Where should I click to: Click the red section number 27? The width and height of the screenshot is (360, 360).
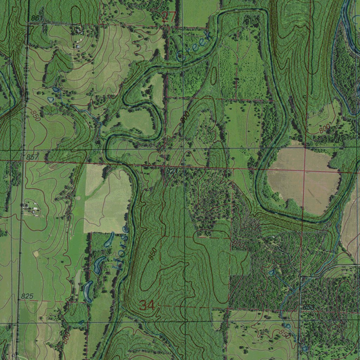(x=168, y=17)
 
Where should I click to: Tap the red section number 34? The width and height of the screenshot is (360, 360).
(x=147, y=305)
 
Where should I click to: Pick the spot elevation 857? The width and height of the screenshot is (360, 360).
(x=32, y=157)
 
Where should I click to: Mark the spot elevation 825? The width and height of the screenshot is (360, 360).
(x=27, y=297)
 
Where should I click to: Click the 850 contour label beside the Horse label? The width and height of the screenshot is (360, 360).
(x=152, y=254)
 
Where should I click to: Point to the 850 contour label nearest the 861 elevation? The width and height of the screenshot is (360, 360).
(x=36, y=116)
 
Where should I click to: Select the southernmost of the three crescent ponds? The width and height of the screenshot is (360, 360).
(x=87, y=291)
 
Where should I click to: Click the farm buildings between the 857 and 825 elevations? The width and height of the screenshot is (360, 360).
(x=31, y=209)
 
